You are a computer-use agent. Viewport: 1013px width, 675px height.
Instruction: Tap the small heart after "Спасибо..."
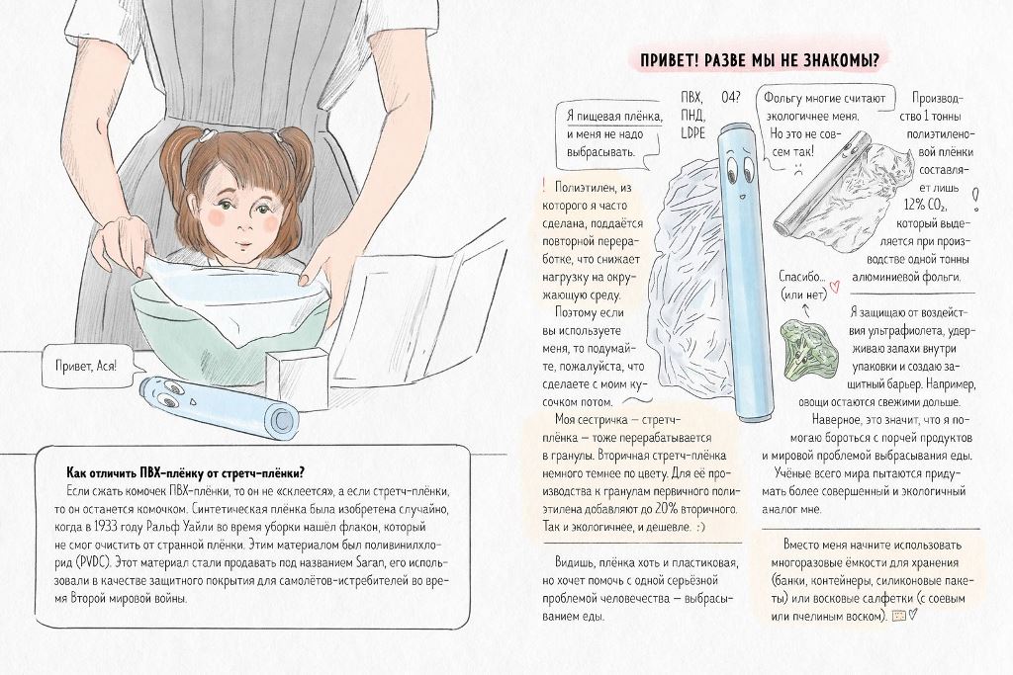click(x=834, y=282)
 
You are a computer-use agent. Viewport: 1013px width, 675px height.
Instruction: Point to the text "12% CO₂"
click(x=925, y=206)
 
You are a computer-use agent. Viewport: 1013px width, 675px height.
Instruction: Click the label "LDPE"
click(x=693, y=133)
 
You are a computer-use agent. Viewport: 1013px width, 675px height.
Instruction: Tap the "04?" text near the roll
click(x=731, y=98)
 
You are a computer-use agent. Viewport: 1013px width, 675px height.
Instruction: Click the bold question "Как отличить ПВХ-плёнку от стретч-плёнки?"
click(x=186, y=471)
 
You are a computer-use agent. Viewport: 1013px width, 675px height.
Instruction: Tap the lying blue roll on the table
click(x=219, y=406)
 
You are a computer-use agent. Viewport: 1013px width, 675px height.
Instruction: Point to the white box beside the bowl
click(x=297, y=375)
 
